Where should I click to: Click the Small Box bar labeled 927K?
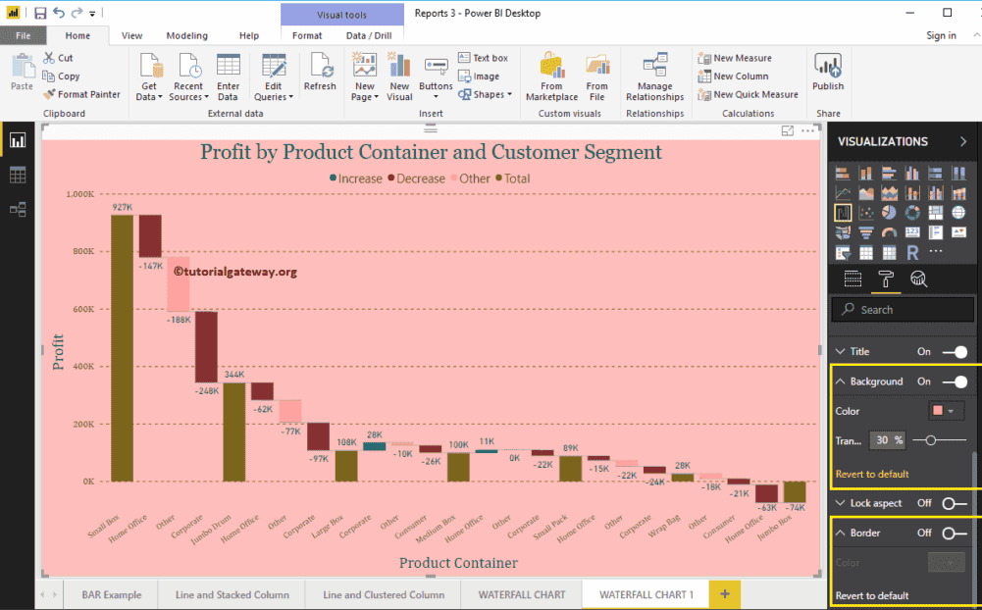(122, 348)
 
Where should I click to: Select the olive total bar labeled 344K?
(234, 432)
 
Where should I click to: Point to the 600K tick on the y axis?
(79, 309)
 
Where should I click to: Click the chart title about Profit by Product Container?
(431, 152)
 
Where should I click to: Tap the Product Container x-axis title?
(458, 563)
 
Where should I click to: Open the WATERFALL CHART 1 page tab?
(646, 594)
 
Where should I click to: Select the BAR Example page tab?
(112, 594)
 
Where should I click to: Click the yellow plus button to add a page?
(725, 594)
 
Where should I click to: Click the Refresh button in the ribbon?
(320, 75)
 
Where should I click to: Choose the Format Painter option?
(82, 94)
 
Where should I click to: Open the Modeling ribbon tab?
(186, 35)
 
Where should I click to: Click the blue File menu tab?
(24, 35)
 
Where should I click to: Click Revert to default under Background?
(872, 474)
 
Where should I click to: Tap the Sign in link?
(941, 35)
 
